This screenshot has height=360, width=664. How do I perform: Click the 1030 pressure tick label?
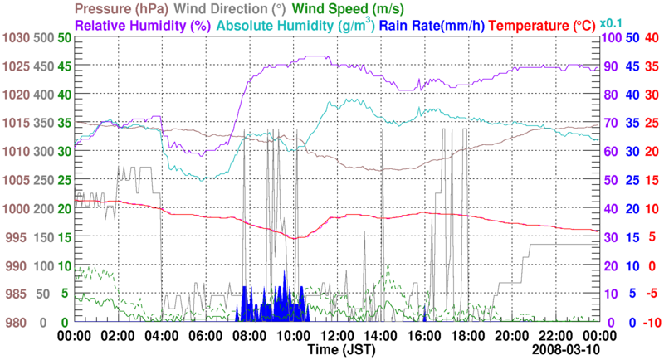[14, 39]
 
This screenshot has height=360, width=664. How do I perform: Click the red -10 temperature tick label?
[649, 322]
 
